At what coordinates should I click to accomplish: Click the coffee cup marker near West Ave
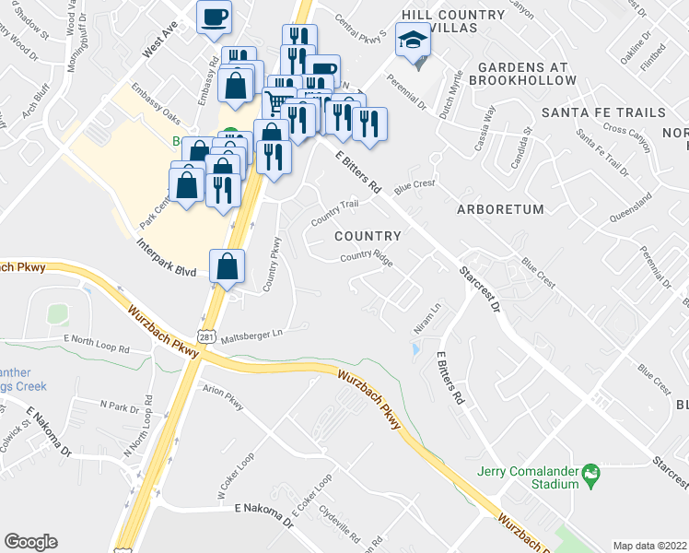214,18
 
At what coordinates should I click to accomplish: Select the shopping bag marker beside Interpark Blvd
228,267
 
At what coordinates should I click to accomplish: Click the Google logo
31,541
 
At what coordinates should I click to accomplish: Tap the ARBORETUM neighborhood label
500,209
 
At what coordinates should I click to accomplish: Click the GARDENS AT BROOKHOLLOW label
527,73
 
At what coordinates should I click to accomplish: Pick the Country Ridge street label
367,259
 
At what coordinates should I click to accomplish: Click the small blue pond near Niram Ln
415,349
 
